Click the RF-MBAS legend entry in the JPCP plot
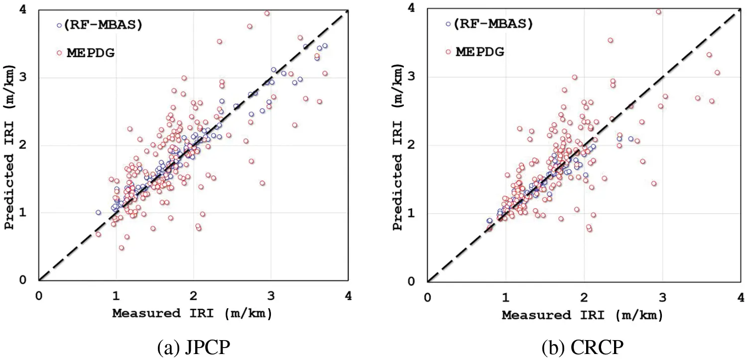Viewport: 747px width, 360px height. [x=100, y=25]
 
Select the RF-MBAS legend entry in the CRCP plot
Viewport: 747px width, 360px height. [x=489, y=23]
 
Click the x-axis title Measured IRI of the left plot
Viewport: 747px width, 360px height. [x=192, y=314]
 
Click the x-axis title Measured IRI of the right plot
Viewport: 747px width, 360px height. [x=582, y=315]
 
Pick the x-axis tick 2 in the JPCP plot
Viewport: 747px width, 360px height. [x=193, y=295]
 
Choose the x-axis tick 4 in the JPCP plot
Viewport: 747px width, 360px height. [x=348, y=295]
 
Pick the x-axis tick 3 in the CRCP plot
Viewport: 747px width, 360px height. [x=662, y=296]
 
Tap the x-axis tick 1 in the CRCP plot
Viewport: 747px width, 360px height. [x=506, y=296]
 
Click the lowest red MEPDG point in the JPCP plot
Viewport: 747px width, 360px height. [x=121, y=248]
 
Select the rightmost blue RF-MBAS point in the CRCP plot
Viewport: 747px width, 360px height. [x=630, y=139]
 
